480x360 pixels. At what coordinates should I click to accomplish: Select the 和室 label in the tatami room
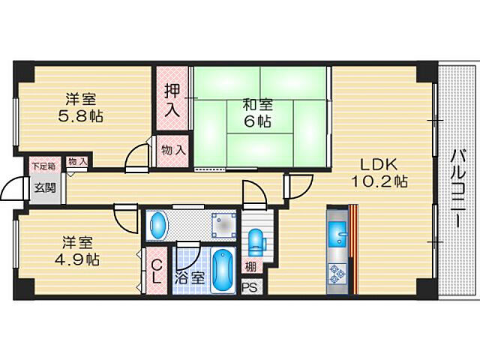click(257, 106)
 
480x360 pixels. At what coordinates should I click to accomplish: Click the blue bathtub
click(223, 270)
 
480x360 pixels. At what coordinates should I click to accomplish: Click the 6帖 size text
click(257, 121)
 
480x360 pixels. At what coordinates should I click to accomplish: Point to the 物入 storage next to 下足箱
click(77, 161)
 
